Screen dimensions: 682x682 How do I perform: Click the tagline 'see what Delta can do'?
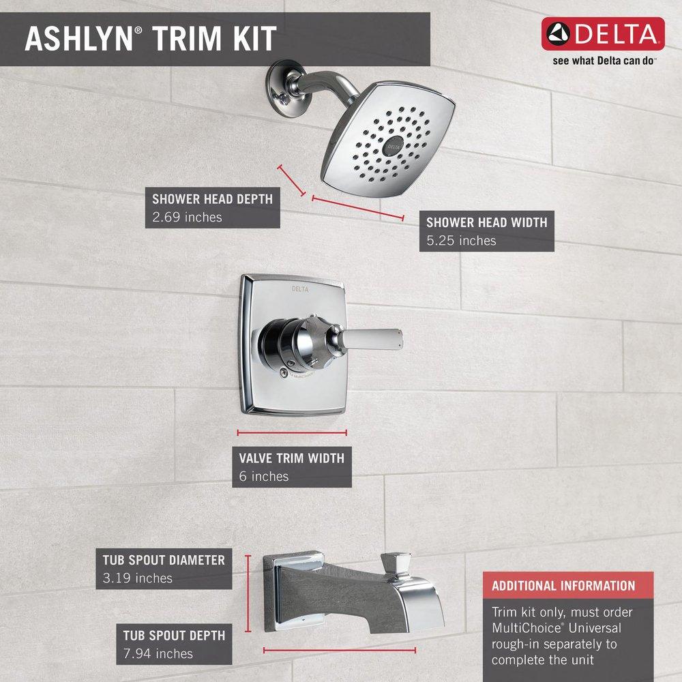point(604,60)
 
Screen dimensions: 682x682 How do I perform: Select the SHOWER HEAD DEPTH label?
point(212,199)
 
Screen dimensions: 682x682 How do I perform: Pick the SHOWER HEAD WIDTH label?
point(486,222)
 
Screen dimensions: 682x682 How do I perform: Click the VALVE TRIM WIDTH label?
point(291,458)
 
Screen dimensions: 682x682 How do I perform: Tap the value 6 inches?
point(264,476)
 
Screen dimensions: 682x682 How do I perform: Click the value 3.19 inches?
point(134,578)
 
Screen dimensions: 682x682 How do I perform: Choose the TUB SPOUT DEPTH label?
point(174,635)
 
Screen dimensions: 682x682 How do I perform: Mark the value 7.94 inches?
point(158,654)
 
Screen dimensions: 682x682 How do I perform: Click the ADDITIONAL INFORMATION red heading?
point(563,585)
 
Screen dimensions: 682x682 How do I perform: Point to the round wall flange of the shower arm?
point(282,85)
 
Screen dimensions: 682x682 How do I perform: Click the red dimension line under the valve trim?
point(292,432)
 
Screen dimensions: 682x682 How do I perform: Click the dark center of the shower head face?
point(394,145)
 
